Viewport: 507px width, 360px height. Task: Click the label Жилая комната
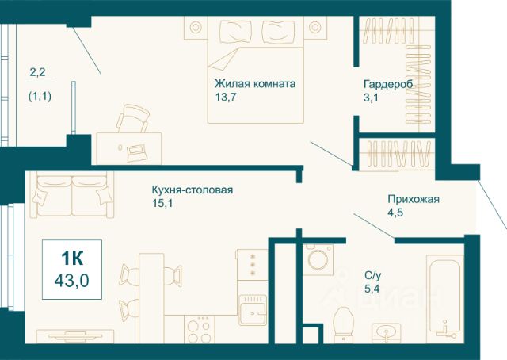[x=254, y=82]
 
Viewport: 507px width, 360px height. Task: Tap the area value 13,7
[x=227, y=97]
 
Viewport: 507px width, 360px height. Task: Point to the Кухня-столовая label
[x=193, y=190]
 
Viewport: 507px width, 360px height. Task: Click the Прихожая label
[x=413, y=199]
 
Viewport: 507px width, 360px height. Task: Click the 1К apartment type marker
[x=71, y=259]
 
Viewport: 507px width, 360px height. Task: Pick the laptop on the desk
[x=135, y=148]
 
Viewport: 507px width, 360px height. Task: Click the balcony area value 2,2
[x=37, y=74]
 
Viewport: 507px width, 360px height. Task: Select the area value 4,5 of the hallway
[x=395, y=213]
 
